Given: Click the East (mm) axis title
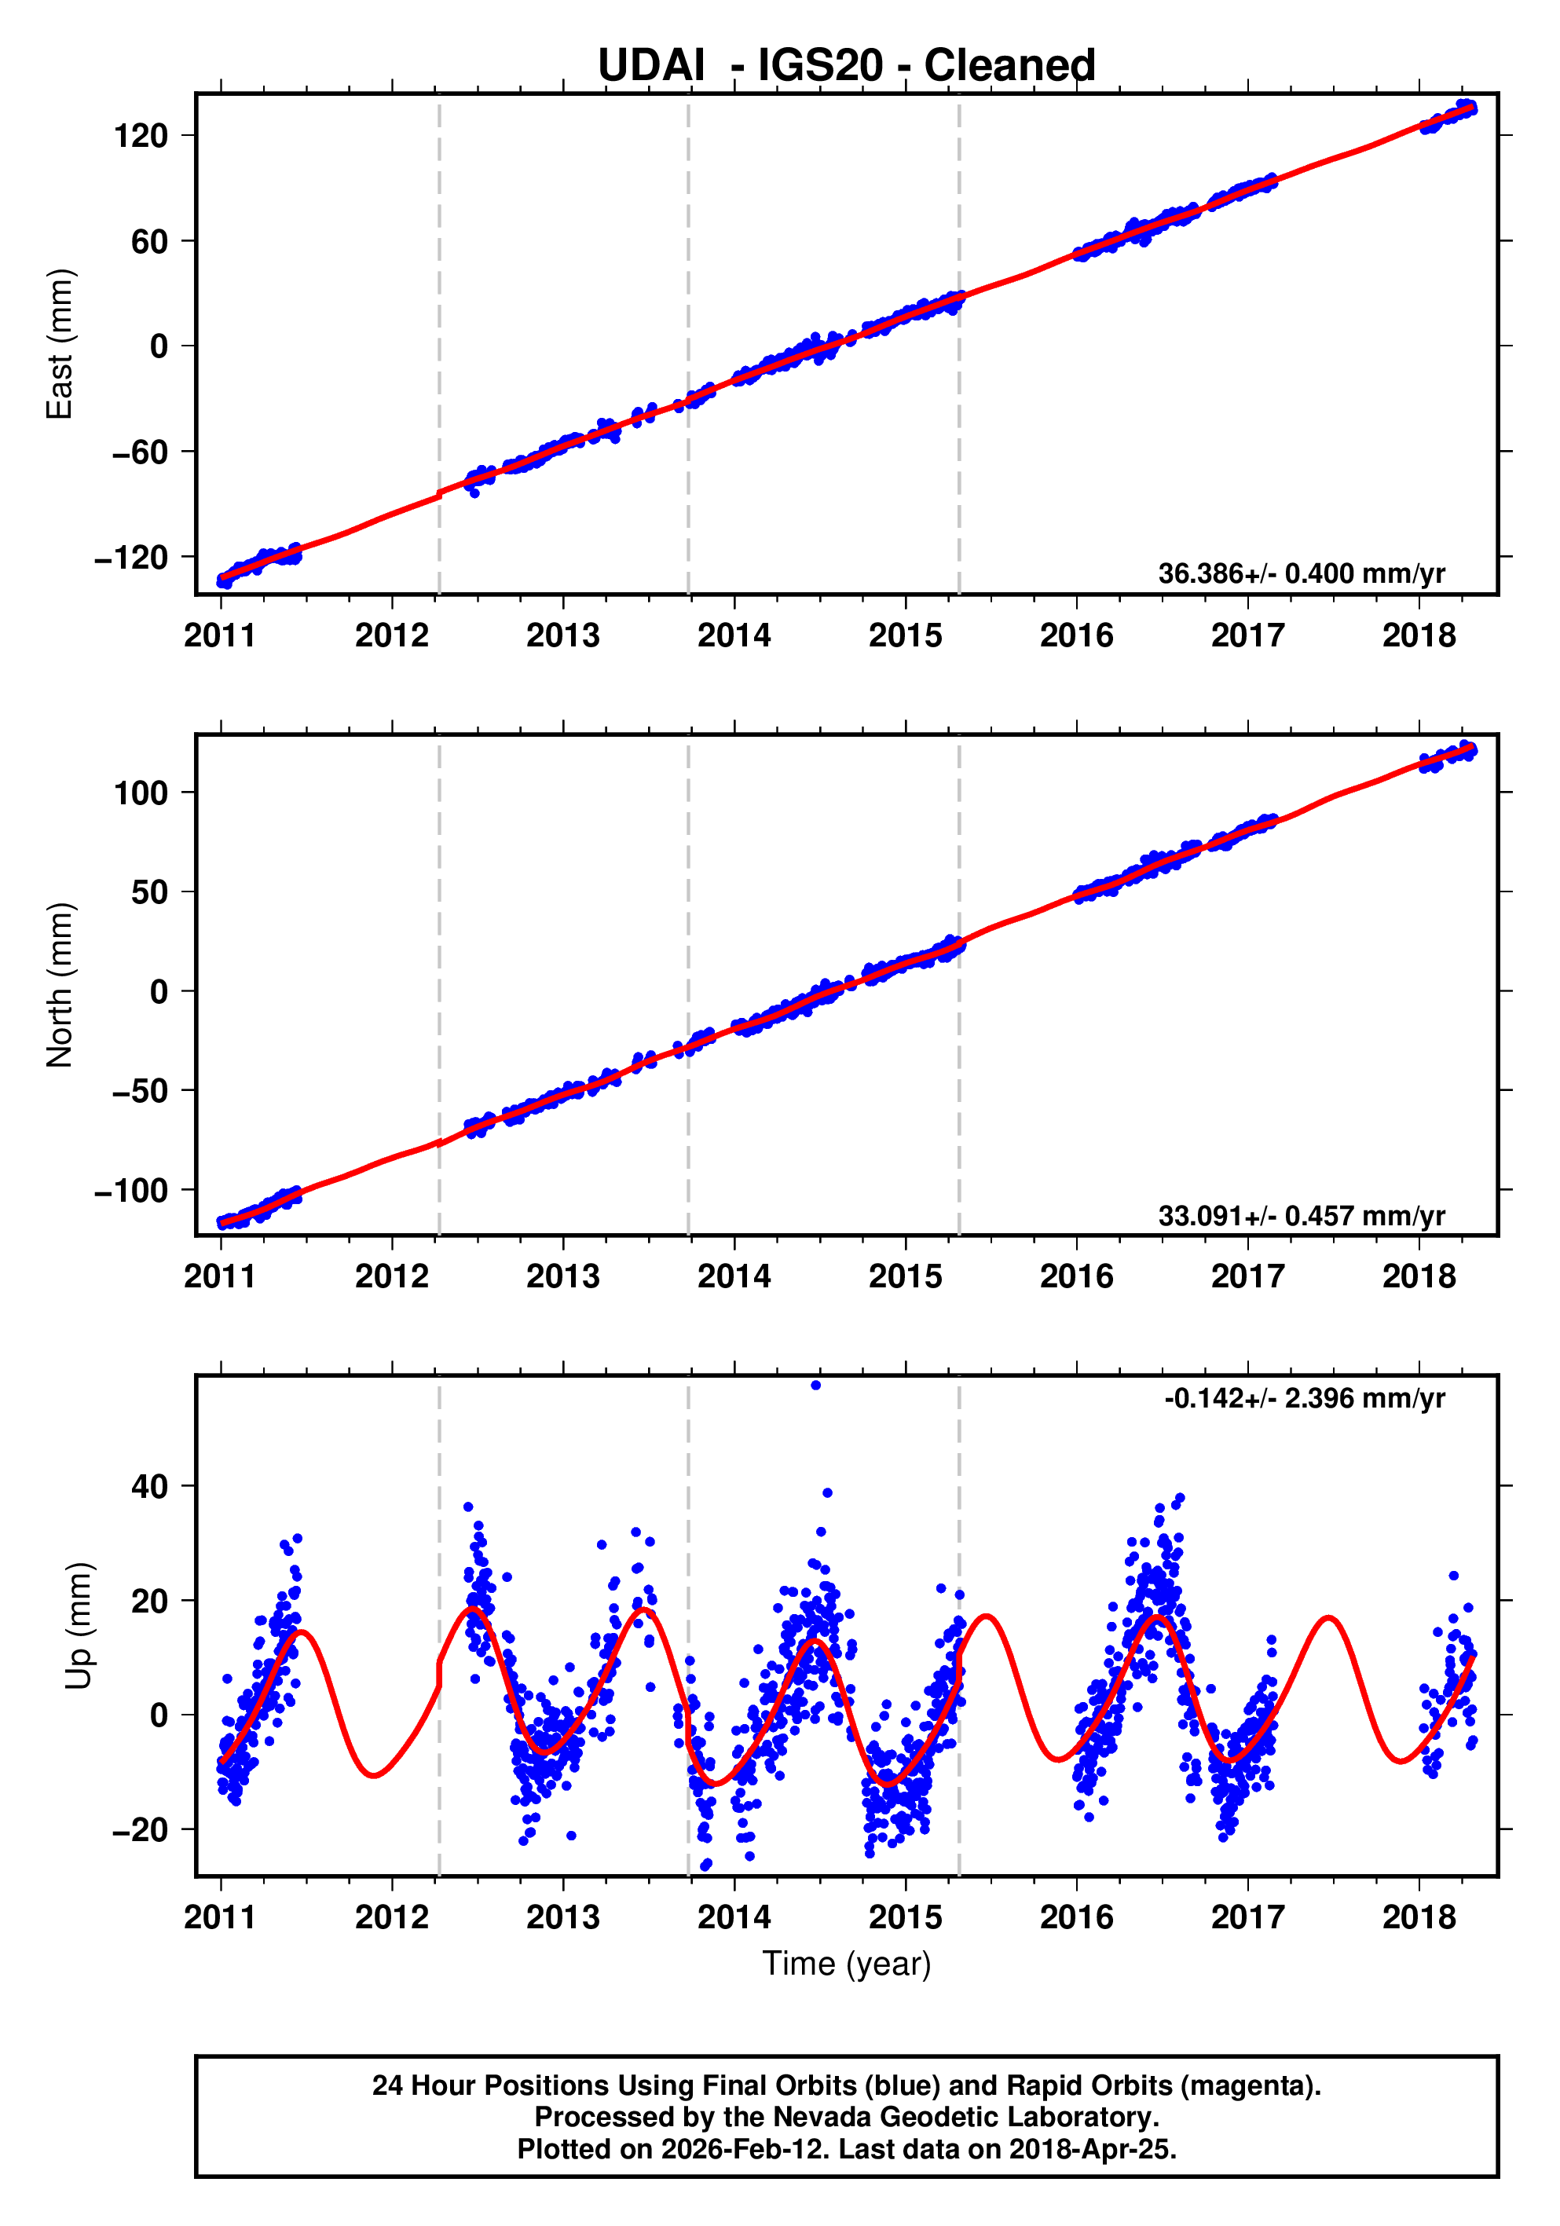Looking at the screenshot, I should pyautogui.click(x=60, y=344).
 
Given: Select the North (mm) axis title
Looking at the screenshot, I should pyautogui.click(x=60, y=985).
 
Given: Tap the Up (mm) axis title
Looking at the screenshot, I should pyautogui.click(x=79, y=1626).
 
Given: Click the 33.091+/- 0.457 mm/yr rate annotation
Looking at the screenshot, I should pyautogui.click(x=1300, y=1215).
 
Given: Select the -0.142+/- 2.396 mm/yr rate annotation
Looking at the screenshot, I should pyautogui.click(x=1304, y=1398).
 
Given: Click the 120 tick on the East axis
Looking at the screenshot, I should pyautogui.click(x=141, y=136).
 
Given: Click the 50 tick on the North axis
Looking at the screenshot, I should pyautogui.click(x=149, y=892).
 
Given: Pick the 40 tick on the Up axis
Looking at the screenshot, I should pyautogui.click(x=149, y=1486).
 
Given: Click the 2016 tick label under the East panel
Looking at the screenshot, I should pyautogui.click(x=1076, y=636).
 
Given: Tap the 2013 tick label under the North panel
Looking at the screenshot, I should pyautogui.click(x=562, y=1277).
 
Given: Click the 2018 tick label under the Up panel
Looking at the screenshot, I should pyautogui.click(x=1419, y=1917).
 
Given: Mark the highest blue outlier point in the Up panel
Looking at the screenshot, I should pyautogui.click(x=815, y=1386).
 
